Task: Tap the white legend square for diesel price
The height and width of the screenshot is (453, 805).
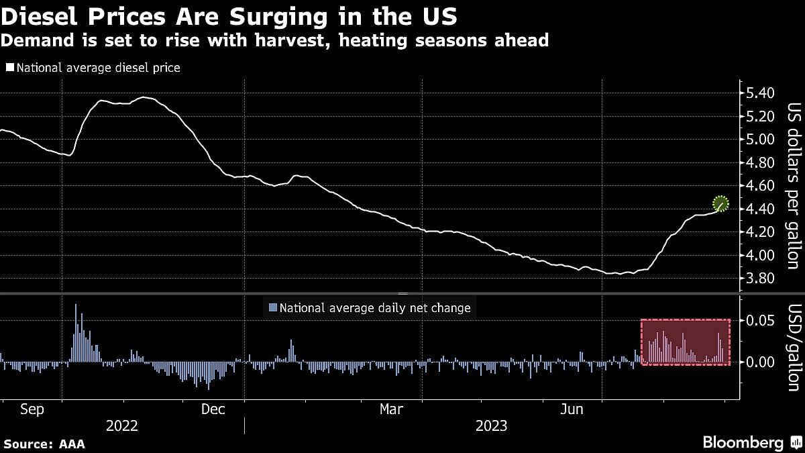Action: [9, 68]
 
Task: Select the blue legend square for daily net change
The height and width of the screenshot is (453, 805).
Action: [272, 308]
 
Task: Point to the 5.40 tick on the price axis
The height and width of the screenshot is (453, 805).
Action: [760, 93]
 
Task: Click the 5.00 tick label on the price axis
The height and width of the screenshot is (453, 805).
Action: [760, 140]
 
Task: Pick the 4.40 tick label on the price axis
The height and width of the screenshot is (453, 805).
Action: [760, 209]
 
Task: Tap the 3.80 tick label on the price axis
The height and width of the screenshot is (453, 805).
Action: [760, 279]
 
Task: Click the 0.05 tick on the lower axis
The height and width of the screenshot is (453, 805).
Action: [760, 321]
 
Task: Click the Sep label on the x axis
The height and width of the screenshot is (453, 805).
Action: [32, 409]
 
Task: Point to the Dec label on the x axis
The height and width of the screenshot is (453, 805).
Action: [213, 409]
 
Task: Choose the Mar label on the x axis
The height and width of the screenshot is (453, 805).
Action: [391, 409]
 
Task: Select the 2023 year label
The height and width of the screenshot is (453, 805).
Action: [492, 426]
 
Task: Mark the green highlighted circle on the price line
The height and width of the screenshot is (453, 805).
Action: [720, 203]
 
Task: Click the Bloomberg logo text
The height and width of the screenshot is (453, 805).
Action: [743, 443]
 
